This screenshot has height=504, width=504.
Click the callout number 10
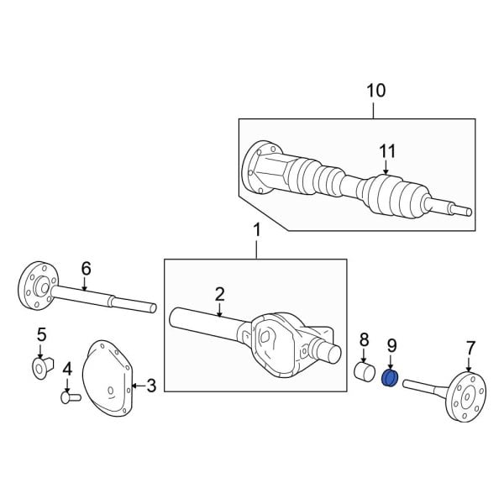pyautogui.click(x=375, y=91)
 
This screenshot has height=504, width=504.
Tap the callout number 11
pyautogui.click(x=386, y=151)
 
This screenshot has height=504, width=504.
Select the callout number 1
pyautogui.click(x=257, y=229)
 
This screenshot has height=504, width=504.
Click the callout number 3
pyautogui.click(x=151, y=386)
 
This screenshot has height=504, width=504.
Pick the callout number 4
pyautogui.click(x=67, y=367)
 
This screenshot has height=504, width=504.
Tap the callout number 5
pyautogui.click(x=42, y=336)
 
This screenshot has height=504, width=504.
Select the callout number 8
pyautogui.click(x=364, y=339)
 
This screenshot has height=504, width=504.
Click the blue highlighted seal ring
pyautogui.click(x=390, y=379)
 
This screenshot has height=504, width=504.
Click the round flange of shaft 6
pyautogui.click(x=34, y=286)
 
